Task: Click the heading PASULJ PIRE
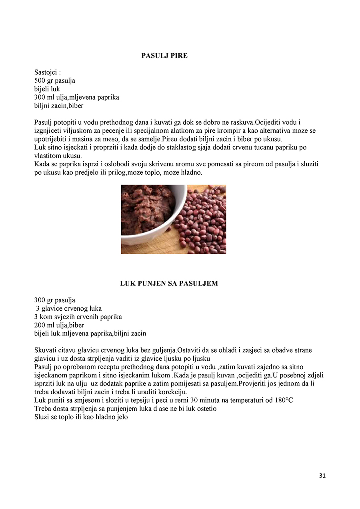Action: (x=164, y=56)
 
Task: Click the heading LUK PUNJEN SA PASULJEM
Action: (x=169, y=283)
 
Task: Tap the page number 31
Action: (x=322, y=476)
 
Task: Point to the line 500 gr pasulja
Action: (x=55, y=81)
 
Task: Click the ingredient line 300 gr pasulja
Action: (x=55, y=300)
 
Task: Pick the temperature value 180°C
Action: (x=284, y=400)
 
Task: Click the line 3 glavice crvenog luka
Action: (x=69, y=309)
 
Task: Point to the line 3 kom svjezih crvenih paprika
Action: (x=78, y=317)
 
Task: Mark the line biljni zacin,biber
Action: (x=59, y=106)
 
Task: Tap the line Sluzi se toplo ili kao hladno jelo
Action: (x=81, y=417)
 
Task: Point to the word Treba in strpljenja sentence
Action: (x=42, y=408)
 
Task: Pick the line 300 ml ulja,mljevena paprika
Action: (x=77, y=98)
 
